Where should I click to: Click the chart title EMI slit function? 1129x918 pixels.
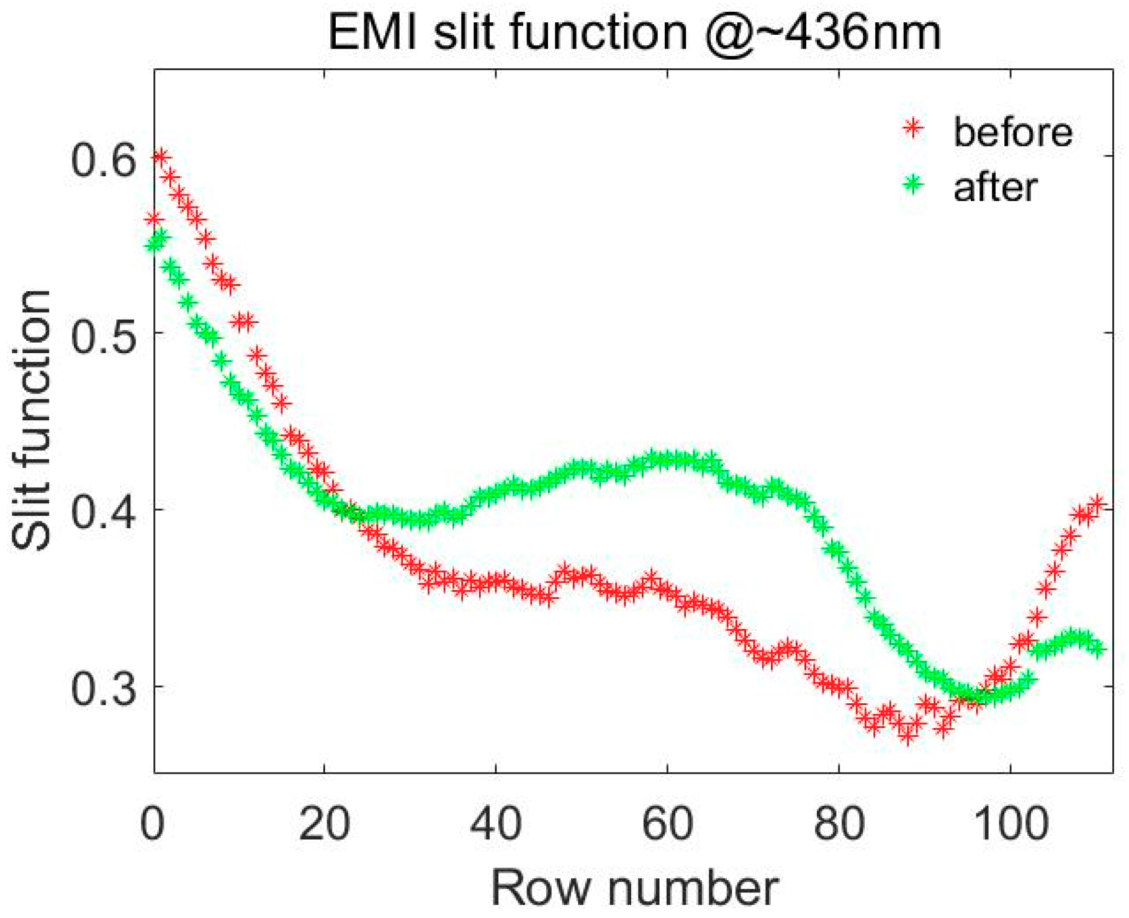tap(634, 32)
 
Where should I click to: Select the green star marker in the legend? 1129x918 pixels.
tap(913, 184)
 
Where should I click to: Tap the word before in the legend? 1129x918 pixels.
tap(1013, 132)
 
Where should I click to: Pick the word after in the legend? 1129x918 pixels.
tap(995, 187)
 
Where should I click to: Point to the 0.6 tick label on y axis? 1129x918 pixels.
tap(103, 161)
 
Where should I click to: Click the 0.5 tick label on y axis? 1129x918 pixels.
tap(103, 338)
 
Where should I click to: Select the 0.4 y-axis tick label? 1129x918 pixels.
tap(103, 514)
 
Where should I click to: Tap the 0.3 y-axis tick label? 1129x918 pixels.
tap(103, 690)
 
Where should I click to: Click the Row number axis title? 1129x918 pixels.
tap(634, 888)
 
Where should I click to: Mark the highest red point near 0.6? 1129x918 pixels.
tap(161, 156)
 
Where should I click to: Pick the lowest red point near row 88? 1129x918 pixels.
tap(908, 736)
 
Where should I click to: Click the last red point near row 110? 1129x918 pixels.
tap(1097, 503)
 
